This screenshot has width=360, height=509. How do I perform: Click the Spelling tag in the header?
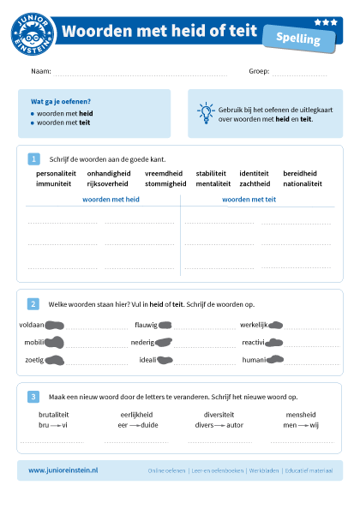click(298, 39)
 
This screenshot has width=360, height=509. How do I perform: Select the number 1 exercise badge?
click(33, 159)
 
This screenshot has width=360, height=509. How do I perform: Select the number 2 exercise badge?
click(33, 303)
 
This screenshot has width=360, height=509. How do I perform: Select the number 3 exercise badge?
click(33, 397)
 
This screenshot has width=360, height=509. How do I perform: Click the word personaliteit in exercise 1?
click(56, 173)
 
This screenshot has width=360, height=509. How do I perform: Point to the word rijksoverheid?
click(107, 183)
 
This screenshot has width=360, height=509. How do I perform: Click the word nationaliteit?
click(302, 183)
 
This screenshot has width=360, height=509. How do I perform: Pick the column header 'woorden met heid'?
click(111, 199)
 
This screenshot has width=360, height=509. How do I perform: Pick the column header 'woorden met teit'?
click(249, 199)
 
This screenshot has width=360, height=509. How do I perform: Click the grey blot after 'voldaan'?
click(55, 325)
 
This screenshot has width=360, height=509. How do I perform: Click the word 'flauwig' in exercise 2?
click(146, 325)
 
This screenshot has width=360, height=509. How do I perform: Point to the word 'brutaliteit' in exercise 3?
click(54, 414)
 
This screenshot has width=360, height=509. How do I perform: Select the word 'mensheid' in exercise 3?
click(301, 414)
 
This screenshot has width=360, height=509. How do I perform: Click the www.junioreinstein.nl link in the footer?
click(63, 470)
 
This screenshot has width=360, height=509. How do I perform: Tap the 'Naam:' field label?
click(40, 71)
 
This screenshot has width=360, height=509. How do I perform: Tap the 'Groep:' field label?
click(259, 71)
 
